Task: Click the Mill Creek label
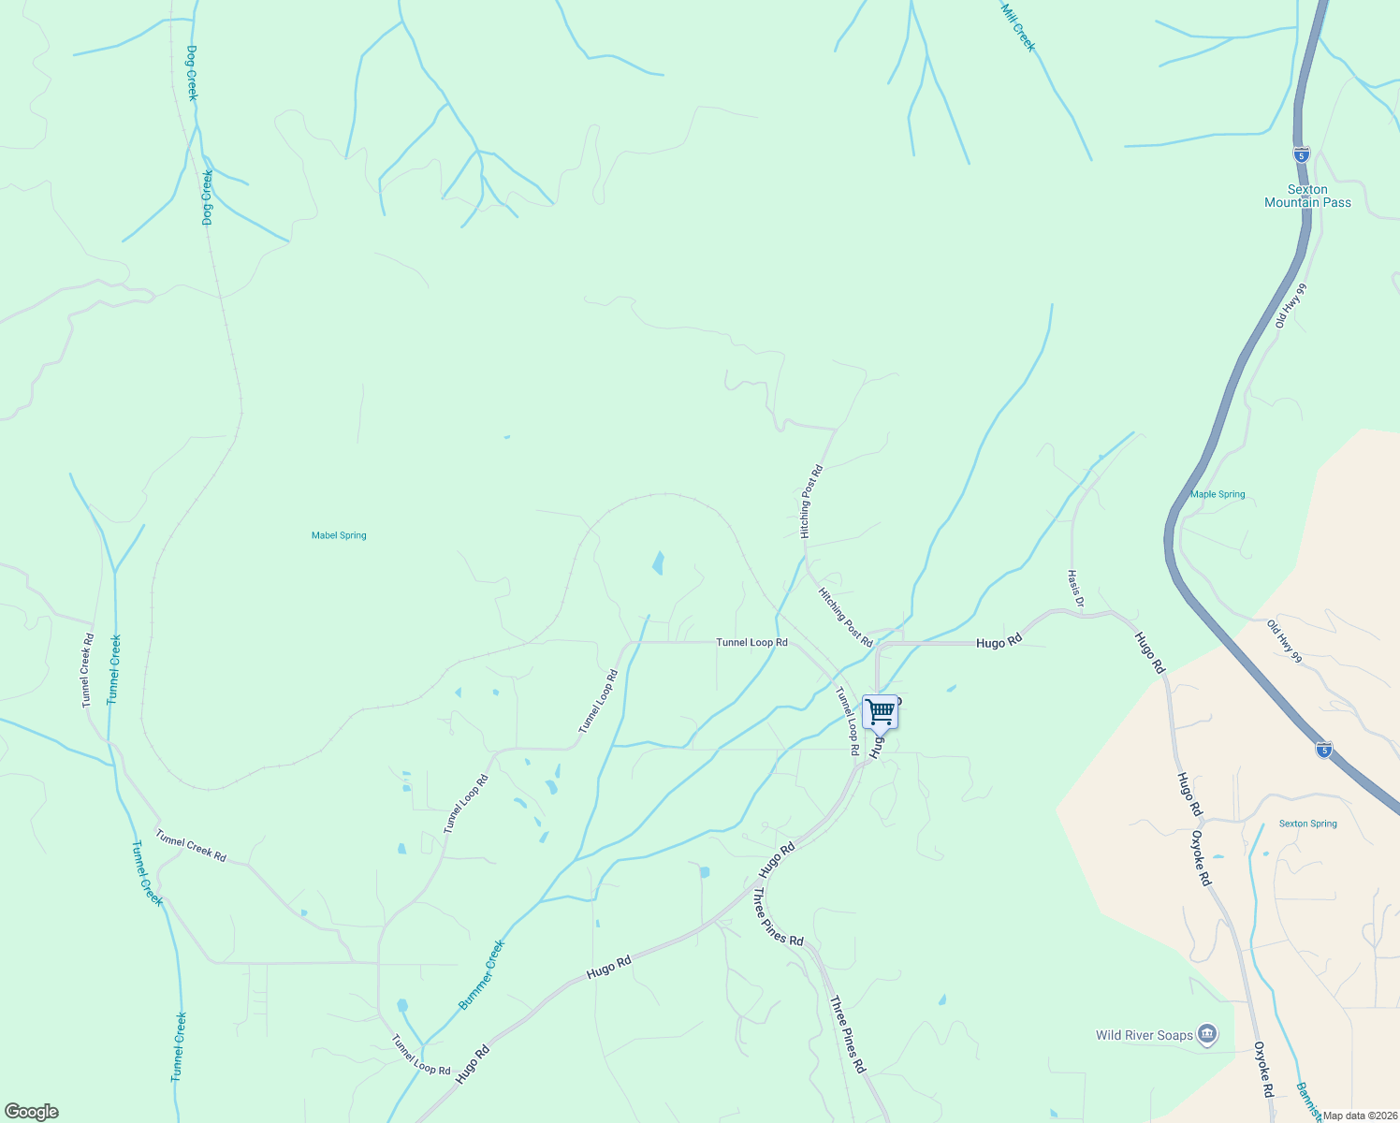tap(1018, 26)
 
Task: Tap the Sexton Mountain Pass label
tap(1307, 196)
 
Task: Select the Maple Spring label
tap(1218, 494)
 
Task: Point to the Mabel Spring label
tap(339, 535)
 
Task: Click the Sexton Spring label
tap(1307, 824)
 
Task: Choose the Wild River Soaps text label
tap(1145, 1035)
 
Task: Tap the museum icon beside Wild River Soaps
tap(1207, 1034)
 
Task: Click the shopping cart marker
tap(880, 712)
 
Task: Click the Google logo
tap(32, 1112)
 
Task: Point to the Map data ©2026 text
tap(1360, 1116)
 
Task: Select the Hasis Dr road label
tap(1075, 588)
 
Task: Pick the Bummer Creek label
tap(482, 975)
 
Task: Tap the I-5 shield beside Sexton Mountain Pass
tap(1302, 154)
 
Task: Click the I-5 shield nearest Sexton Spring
tap(1323, 750)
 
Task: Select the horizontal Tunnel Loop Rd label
tap(751, 643)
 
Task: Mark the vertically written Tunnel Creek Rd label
tap(87, 670)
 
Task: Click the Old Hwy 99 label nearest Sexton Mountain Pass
tap(1290, 305)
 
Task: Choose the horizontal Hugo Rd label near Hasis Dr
tap(998, 643)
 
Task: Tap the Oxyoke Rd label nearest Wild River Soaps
tap(1263, 1070)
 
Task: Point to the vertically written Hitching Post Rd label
tap(810, 502)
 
